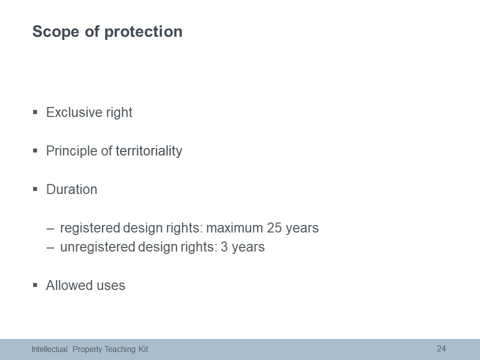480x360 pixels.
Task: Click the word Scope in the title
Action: pos(55,32)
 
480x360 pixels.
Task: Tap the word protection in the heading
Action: pos(143,32)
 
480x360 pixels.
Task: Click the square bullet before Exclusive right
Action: pos(35,112)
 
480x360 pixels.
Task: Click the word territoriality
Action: pos(149,151)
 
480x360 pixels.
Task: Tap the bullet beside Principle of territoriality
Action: pos(35,150)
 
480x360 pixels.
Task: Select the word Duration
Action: pos(71,189)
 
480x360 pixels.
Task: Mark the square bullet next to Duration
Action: pos(35,189)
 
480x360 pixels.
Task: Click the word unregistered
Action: pos(97,247)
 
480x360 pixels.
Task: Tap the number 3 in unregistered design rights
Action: pos(224,247)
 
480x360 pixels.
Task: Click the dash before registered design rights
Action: pos(50,228)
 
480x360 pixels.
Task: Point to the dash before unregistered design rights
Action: pos(50,247)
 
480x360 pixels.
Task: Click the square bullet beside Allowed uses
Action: pos(35,285)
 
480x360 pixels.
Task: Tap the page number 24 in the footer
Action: pos(441,348)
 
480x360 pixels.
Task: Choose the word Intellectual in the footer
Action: pos(49,349)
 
